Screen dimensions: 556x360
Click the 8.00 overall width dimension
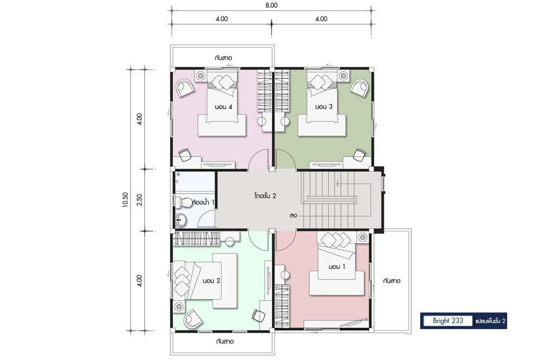click(x=271, y=5)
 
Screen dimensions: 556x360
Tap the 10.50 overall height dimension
click(x=125, y=200)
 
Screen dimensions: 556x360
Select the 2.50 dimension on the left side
click(x=140, y=200)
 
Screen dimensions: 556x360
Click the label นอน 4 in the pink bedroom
click(x=223, y=107)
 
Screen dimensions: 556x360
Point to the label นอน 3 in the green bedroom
click(x=324, y=106)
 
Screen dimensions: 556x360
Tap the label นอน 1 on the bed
click(x=337, y=267)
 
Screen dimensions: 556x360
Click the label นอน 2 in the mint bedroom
click(x=211, y=281)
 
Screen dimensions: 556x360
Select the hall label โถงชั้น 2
click(x=265, y=195)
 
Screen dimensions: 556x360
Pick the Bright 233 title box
click(x=448, y=320)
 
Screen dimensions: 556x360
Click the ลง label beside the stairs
click(x=293, y=215)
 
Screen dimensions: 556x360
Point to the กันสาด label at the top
click(x=223, y=58)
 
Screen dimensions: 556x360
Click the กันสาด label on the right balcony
click(x=391, y=281)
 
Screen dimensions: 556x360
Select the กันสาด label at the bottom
click(x=225, y=342)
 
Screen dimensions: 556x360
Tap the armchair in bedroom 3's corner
click(x=359, y=87)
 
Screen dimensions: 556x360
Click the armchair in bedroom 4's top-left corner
click(x=185, y=88)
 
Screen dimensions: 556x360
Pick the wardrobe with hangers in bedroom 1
click(x=282, y=306)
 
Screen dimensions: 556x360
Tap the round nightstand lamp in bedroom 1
click(x=285, y=275)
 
